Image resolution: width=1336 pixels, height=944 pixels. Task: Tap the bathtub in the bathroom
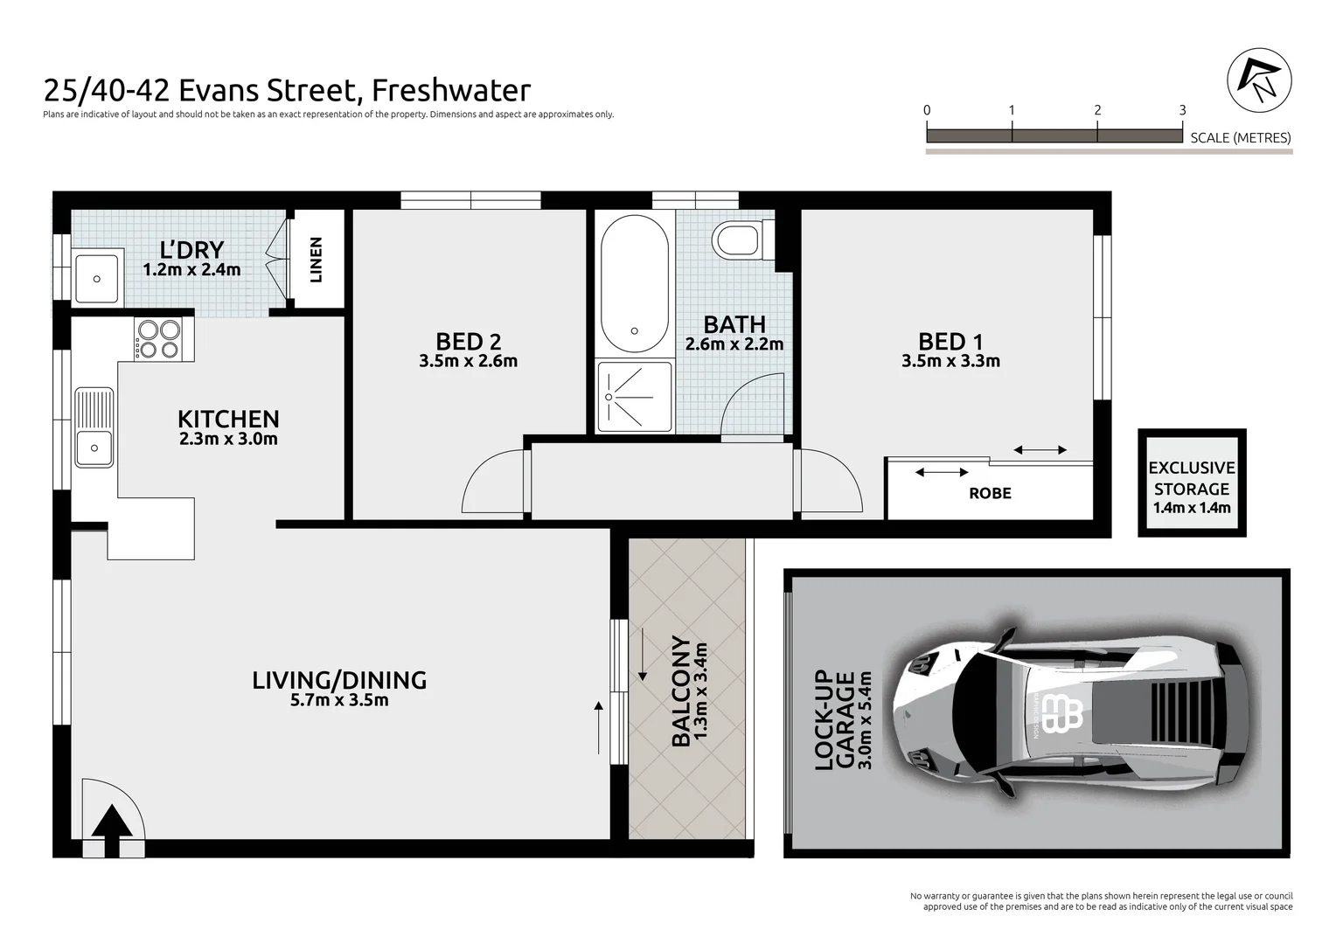[x=635, y=284]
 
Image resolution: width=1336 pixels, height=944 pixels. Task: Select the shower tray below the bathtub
[x=635, y=397]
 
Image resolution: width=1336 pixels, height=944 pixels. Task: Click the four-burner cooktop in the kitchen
[x=158, y=339]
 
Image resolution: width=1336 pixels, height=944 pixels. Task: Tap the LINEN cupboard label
[x=317, y=260]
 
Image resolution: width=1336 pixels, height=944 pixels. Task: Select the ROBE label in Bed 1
[x=990, y=493]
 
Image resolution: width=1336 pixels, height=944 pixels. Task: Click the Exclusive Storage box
[x=1191, y=483]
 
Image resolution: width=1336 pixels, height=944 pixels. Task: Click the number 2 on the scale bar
[x=1097, y=110]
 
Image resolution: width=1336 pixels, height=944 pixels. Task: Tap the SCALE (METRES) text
[x=1240, y=137]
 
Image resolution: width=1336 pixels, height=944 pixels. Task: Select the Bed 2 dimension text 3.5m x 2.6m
[x=468, y=361]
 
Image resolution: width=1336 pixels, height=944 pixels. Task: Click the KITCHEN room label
[x=228, y=419]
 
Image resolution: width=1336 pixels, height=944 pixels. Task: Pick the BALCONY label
[x=681, y=692]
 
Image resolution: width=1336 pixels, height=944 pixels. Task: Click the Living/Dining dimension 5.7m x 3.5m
[x=339, y=700]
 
